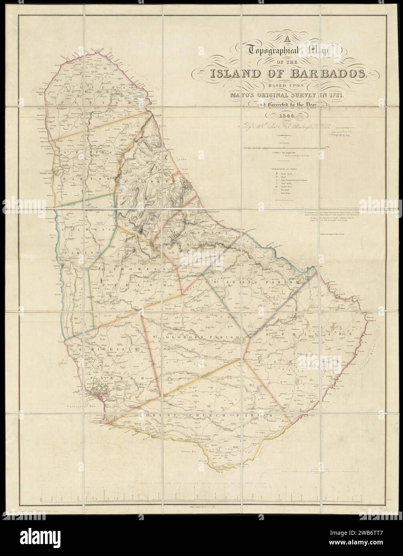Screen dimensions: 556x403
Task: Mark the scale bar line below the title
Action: pyautogui.click(x=286, y=148)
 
